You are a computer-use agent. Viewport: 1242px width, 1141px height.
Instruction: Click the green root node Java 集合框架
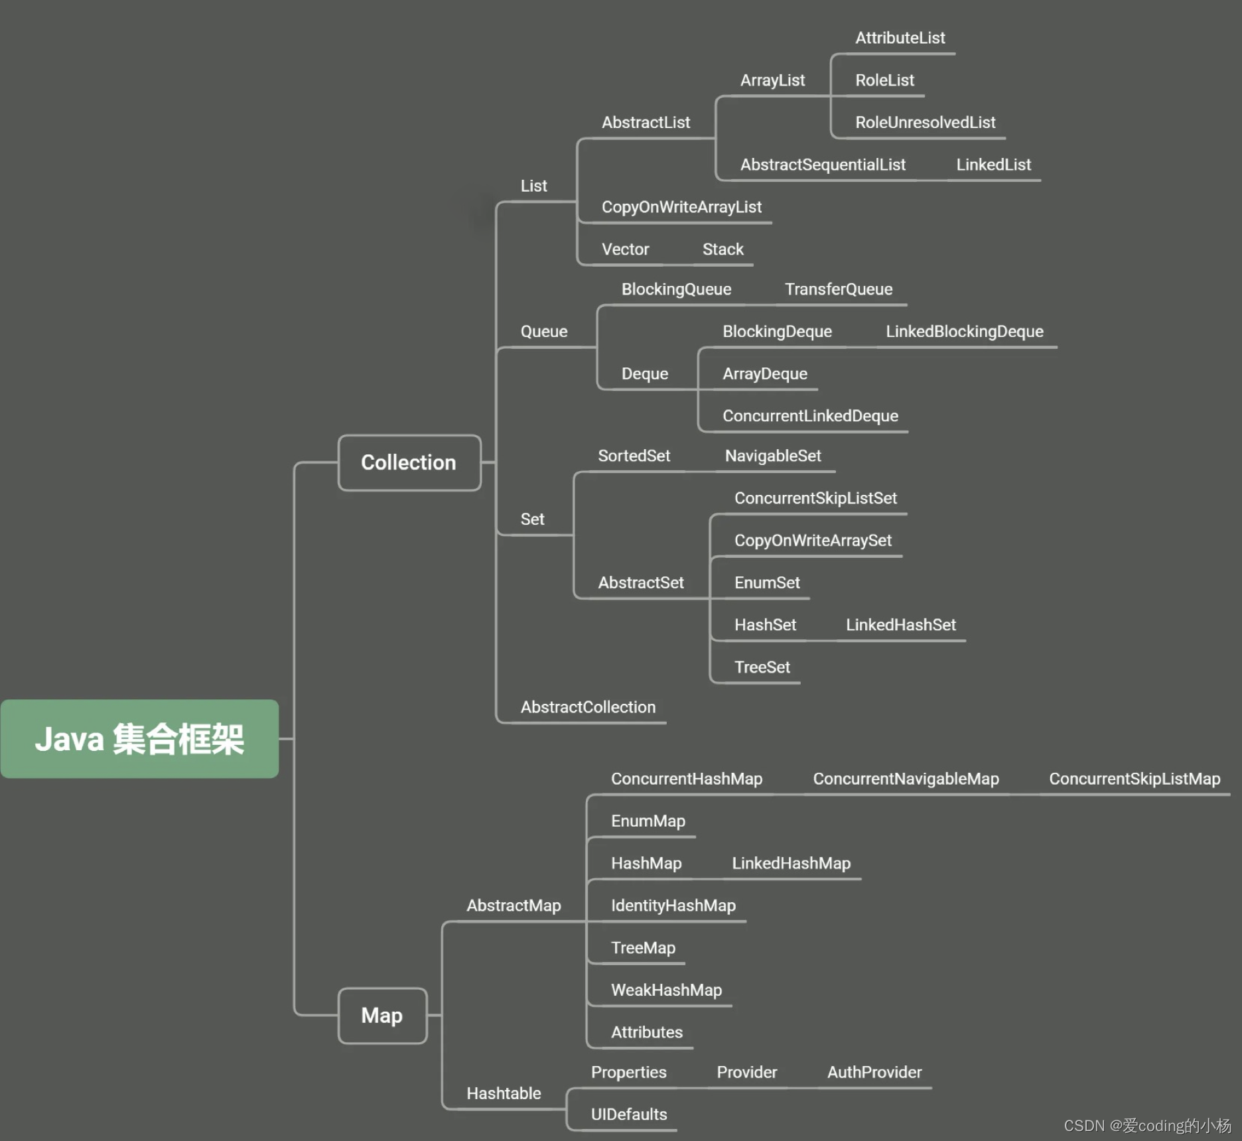click(139, 738)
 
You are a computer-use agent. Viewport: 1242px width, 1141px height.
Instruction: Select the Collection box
click(409, 462)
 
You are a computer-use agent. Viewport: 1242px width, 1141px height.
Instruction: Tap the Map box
click(382, 1016)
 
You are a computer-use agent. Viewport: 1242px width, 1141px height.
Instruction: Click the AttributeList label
click(900, 38)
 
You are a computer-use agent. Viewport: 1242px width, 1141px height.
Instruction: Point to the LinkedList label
click(993, 165)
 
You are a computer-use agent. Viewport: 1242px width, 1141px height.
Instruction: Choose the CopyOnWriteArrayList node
click(681, 207)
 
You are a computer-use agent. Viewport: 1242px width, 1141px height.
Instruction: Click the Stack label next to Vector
click(723, 249)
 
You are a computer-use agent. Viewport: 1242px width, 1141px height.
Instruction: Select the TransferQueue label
click(839, 289)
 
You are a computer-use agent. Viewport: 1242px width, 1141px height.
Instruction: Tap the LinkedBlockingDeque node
click(964, 332)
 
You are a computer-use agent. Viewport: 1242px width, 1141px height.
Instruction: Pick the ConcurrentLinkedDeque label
click(810, 416)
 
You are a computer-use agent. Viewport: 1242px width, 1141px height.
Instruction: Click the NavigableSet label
click(773, 456)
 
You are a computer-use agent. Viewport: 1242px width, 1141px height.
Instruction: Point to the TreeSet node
click(762, 667)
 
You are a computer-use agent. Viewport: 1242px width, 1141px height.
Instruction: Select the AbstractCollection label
click(588, 707)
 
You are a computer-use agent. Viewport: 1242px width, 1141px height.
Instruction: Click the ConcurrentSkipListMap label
click(1135, 779)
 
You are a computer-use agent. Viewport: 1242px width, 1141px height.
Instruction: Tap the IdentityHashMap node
click(673, 906)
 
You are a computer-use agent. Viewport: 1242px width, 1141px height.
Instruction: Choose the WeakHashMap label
click(666, 990)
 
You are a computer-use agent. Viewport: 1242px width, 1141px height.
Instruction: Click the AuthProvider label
click(874, 1073)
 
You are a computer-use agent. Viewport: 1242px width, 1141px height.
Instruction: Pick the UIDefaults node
click(629, 1114)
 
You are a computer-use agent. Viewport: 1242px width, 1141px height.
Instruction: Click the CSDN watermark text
click(1147, 1126)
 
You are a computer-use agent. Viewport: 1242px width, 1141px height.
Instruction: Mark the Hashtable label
click(504, 1093)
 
